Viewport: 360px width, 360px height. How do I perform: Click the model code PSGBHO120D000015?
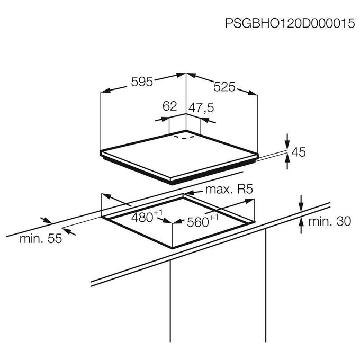click(290, 23)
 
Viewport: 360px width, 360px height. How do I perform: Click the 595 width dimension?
click(142, 82)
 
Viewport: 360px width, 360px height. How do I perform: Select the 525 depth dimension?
click(224, 87)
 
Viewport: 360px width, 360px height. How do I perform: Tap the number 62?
click(169, 106)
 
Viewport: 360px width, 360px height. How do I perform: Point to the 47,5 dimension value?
click(201, 107)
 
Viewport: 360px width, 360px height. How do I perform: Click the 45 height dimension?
click(299, 152)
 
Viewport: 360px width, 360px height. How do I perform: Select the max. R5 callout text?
click(229, 190)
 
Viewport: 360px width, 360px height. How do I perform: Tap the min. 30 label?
click(330, 221)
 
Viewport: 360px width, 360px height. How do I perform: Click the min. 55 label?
click(41, 239)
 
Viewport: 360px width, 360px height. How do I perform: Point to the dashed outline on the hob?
click(184, 137)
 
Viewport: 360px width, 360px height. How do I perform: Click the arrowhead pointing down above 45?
click(287, 145)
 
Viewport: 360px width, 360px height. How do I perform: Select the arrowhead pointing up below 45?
click(287, 158)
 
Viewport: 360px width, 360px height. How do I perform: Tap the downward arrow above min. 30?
click(301, 207)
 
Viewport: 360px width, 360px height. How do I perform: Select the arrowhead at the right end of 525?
click(253, 93)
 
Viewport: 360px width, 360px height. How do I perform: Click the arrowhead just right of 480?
click(167, 221)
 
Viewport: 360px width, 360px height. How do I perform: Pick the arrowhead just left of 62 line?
click(165, 119)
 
